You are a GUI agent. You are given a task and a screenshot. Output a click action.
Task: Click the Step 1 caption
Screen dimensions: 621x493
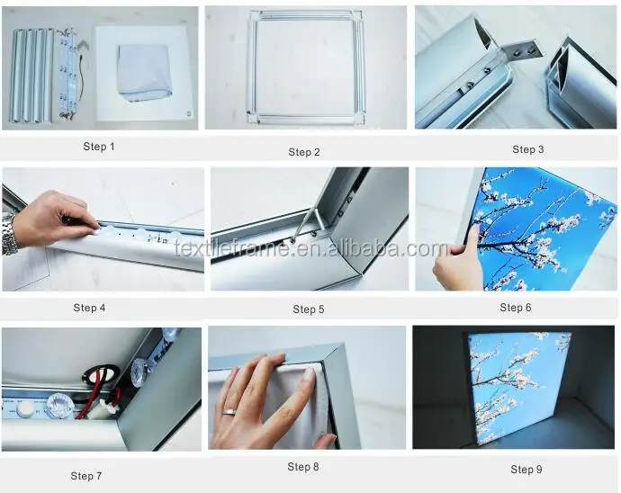(x=99, y=147)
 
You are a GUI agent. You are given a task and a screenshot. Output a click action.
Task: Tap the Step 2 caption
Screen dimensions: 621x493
(x=304, y=152)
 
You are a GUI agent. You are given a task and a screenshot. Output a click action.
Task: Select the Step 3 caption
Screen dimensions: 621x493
(x=528, y=149)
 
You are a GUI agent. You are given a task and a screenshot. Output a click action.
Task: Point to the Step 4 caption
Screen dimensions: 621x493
(x=89, y=308)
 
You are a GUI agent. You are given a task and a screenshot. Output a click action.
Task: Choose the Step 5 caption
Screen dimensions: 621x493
(x=309, y=309)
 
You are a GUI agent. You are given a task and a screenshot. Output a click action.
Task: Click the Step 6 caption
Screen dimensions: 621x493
(x=516, y=308)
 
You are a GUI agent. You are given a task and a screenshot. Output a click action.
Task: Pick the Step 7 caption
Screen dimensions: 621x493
(x=86, y=476)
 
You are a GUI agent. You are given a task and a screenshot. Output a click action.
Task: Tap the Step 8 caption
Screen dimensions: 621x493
(x=303, y=467)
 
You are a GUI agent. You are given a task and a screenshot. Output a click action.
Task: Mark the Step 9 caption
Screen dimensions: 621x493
(x=526, y=470)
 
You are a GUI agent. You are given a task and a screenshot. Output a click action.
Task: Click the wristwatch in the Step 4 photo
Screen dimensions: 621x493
(x=9, y=234)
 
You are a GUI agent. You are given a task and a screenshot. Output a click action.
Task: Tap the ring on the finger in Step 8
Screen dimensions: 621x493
(x=229, y=412)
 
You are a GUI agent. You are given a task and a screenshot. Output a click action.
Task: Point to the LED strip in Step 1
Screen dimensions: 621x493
(x=69, y=73)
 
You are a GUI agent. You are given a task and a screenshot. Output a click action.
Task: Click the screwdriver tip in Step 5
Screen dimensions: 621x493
(x=294, y=238)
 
